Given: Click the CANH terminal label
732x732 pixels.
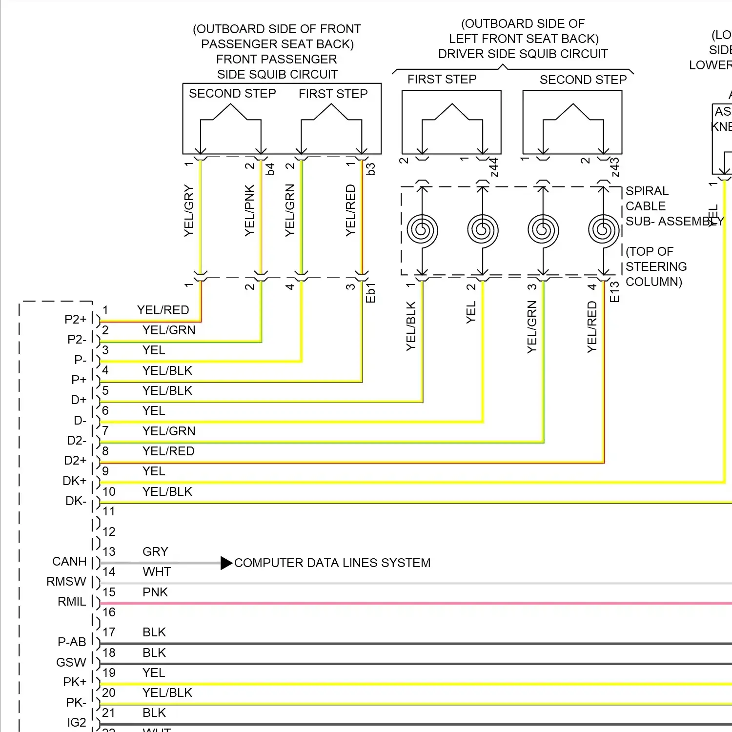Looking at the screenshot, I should point(69,561).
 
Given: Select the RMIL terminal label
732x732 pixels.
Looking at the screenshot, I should point(72,601).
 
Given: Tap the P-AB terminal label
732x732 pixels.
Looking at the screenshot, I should point(72,642).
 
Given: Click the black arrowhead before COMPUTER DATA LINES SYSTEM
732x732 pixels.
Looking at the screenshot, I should point(226,563).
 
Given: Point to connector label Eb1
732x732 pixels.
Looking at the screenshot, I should point(370,293).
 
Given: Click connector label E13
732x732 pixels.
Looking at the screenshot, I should point(614,292).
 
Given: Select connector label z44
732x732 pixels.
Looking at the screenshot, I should point(494,167).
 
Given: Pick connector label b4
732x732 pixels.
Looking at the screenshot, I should point(270,169).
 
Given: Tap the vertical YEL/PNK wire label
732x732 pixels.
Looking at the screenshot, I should point(249,210).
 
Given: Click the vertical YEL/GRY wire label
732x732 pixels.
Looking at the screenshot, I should point(189,211).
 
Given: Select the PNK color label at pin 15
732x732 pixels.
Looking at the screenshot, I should point(155,592).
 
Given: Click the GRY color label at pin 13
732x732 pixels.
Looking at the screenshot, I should point(155,551).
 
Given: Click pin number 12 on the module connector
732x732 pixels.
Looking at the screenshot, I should point(109,531).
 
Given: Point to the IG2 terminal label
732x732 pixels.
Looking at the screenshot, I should point(77,722).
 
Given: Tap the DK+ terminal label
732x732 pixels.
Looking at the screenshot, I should point(74,481).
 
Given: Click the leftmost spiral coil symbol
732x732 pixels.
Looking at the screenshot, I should point(423,230).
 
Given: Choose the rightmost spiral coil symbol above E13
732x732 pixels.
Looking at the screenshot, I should point(604,230).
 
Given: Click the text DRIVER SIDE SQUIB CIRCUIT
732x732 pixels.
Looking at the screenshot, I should point(523,54).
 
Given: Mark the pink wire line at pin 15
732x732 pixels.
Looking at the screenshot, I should point(415,604).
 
